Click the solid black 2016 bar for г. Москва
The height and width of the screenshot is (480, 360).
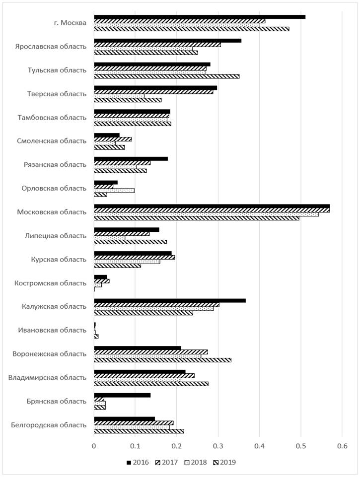200,17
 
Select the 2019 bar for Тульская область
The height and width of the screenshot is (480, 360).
166,76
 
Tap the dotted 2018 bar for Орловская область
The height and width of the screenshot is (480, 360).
114,191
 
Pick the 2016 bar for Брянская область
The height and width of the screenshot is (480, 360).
122,395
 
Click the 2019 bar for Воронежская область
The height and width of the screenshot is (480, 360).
162,360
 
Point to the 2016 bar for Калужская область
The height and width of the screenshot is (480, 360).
170,301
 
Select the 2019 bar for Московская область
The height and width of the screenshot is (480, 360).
197,218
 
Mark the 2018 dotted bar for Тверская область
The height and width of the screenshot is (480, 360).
119,96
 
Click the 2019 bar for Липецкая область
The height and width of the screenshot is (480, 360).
131,242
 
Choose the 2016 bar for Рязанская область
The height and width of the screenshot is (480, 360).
131,158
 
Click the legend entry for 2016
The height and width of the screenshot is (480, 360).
138,462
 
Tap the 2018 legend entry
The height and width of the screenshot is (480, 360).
196,462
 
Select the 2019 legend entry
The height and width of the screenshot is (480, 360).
224,462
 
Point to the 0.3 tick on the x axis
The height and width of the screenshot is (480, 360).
218,446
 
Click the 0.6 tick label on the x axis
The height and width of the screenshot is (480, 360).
342,446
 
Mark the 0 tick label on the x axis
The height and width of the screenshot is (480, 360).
94,446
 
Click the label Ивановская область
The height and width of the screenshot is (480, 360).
52,330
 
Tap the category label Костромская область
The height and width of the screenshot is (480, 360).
50,283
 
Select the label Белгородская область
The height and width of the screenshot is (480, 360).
49,425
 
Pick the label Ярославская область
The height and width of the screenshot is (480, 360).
51,47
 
